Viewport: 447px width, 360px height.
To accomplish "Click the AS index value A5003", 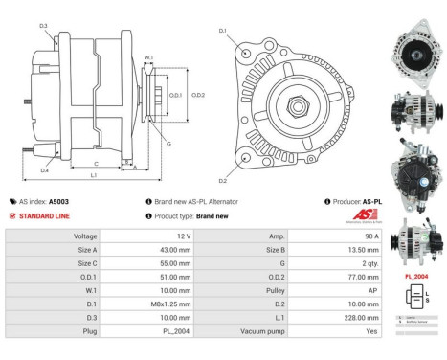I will pyautogui.click(x=59, y=202).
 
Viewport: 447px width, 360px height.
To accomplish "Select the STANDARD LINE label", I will pyautogui.click(x=45, y=215).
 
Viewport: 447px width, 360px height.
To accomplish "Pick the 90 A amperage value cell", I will pyautogui.click(x=371, y=236).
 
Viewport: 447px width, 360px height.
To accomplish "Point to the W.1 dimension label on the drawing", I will pyautogui.click(x=148, y=58).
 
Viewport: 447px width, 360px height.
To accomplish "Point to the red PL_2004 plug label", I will pyautogui.click(x=416, y=277).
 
